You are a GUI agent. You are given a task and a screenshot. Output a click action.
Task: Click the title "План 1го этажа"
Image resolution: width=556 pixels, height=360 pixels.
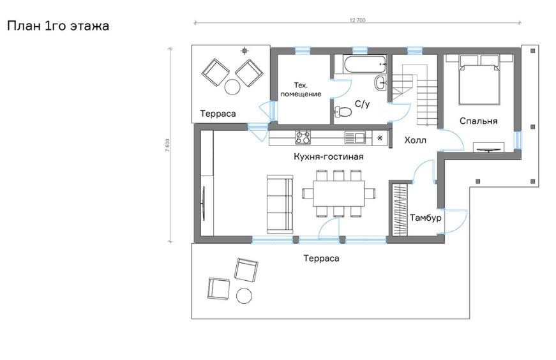pos(58,26)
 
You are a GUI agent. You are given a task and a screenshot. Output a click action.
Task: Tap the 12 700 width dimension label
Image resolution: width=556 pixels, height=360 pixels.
pos(357,20)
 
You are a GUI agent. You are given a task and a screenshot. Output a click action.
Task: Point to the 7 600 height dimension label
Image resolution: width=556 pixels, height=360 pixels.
pos(167,145)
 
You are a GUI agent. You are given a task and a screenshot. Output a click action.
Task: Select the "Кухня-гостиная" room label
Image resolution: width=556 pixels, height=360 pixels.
pos(328,156)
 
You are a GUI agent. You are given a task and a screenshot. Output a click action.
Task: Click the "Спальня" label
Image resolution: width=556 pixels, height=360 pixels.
pos(478,121)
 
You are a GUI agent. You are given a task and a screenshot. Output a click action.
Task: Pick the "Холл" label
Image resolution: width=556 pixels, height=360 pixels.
pos(415,140)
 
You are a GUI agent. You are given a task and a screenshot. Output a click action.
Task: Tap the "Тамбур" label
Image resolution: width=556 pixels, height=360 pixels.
pos(426,218)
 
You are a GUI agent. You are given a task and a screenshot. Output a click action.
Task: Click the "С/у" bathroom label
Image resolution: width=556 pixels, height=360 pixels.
pos(362,104)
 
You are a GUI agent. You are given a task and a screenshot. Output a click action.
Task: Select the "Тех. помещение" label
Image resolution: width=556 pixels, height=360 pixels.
pos(301,89)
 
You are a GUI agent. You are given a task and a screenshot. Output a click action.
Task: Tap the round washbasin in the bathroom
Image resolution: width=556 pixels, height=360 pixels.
pos(380,83)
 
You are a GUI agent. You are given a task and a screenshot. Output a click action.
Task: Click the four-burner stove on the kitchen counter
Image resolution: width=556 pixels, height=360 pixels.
pos(303,138)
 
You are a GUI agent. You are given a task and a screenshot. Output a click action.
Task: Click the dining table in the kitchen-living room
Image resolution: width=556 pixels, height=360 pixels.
pos(338,193)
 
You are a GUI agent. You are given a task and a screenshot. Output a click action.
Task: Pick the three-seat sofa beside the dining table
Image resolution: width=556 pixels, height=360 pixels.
pos(280,204)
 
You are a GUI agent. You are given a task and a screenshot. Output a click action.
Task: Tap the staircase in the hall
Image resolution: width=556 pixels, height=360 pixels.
pos(414,94)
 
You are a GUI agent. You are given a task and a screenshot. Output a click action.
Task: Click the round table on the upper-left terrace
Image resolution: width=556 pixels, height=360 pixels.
pos(232,86)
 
